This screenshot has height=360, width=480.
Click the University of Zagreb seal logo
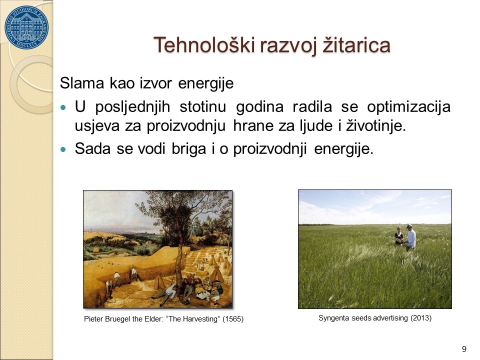tap(26, 27)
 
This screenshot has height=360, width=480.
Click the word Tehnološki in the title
tap(204, 45)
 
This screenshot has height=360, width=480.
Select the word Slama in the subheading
tap(82, 83)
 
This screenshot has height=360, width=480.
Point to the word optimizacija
tap(408, 107)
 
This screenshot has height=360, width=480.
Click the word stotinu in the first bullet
tap(202, 107)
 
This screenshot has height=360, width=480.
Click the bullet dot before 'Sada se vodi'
tap(63, 149)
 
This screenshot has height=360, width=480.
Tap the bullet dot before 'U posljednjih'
tap(63, 108)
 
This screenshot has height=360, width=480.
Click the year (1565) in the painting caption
tap(233, 319)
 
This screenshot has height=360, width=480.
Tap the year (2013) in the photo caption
tap(421, 318)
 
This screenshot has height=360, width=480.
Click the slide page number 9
tap(464, 349)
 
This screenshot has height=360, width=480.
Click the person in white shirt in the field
tap(410, 236)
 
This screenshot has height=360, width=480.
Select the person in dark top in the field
tap(399, 236)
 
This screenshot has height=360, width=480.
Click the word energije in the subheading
tap(205, 83)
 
